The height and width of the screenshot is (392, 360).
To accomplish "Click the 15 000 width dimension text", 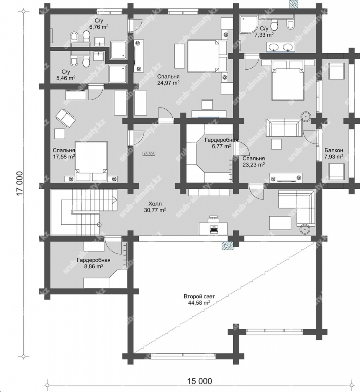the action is click(x=200, y=381).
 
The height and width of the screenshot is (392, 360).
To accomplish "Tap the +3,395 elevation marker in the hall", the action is click(x=149, y=154).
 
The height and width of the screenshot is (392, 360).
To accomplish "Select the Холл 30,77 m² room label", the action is click(x=155, y=207).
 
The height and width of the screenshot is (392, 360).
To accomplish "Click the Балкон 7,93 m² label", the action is click(x=334, y=154).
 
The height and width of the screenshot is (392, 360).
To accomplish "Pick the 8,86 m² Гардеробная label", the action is click(x=93, y=263).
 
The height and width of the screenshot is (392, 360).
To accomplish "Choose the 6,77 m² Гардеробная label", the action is click(x=221, y=143).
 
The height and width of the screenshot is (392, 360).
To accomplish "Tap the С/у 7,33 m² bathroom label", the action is click(x=264, y=32).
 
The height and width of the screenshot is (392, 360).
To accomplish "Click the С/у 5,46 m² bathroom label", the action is click(x=66, y=75).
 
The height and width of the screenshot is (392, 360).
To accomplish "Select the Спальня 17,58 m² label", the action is click(x=64, y=154).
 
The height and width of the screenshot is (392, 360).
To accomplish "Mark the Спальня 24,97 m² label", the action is click(x=168, y=80).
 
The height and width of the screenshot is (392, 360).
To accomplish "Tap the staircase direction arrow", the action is click(x=115, y=200).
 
